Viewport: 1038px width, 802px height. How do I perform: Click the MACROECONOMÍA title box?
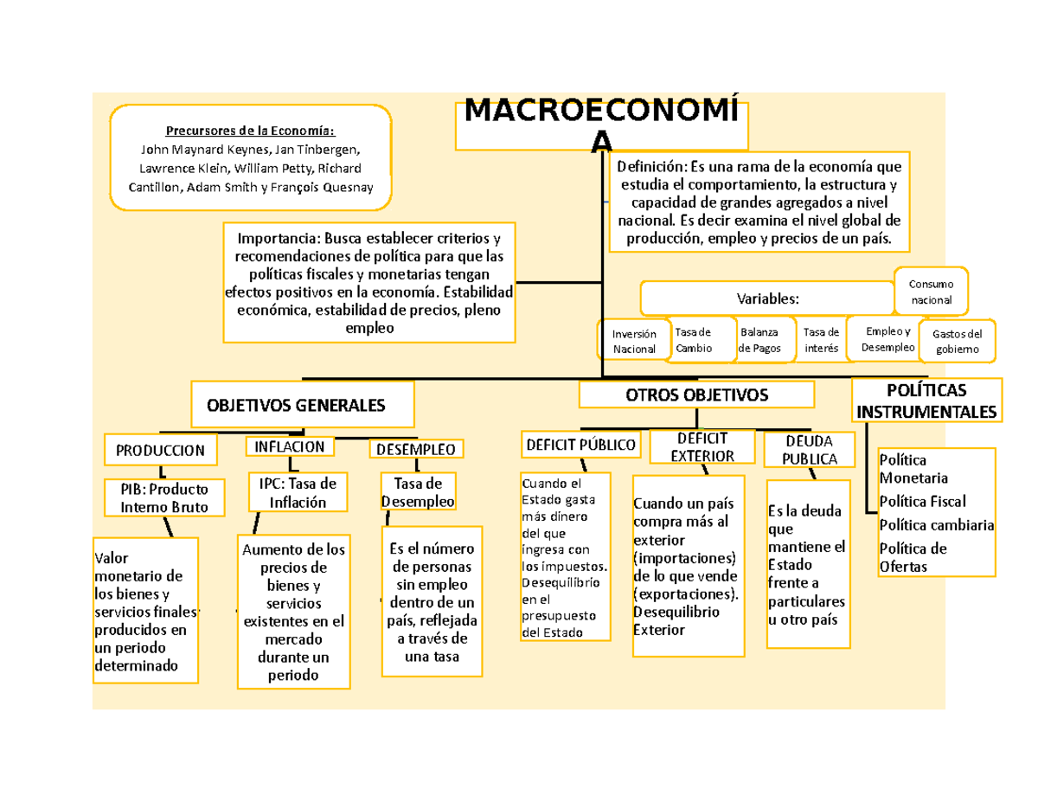click(x=602, y=125)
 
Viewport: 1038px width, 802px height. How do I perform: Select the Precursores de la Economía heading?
click(x=250, y=131)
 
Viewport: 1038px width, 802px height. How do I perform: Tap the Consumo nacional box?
click(x=931, y=292)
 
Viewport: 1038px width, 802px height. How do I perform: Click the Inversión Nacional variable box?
click(x=634, y=340)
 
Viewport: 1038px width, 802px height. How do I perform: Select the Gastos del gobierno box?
click(x=957, y=342)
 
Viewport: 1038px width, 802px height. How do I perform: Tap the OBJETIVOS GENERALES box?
click(x=303, y=405)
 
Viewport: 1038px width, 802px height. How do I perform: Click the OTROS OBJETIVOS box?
click(x=696, y=395)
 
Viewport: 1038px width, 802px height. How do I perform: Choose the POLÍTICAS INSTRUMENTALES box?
click(x=926, y=400)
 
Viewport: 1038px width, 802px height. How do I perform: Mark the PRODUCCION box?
click(x=160, y=450)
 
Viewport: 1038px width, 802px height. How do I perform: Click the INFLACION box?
click(x=290, y=446)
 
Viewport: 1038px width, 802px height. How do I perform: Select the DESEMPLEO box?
click(x=417, y=449)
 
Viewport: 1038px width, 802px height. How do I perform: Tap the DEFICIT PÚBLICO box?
click(x=580, y=445)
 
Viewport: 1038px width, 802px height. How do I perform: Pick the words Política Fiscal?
click(x=922, y=501)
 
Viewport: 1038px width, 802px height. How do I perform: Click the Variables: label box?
click(x=767, y=298)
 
